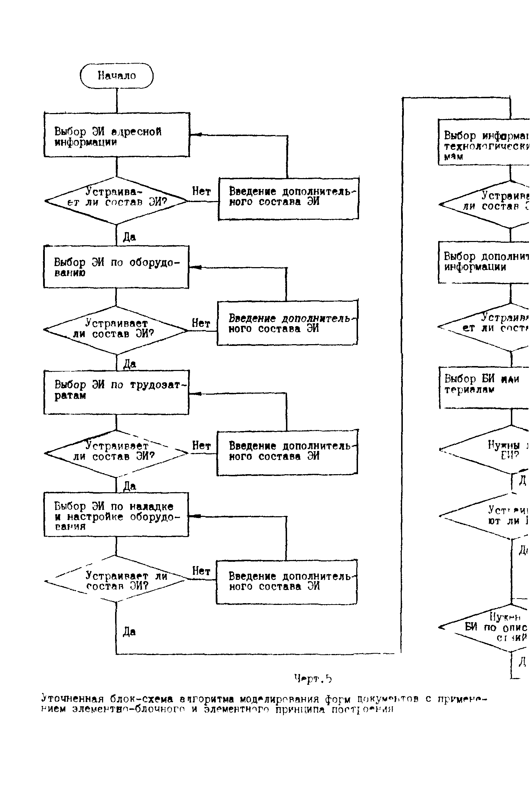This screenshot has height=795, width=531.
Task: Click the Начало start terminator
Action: (117, 76)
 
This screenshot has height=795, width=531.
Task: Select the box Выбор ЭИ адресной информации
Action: (117, 135)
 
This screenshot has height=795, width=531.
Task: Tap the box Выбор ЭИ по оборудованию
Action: (116, 267)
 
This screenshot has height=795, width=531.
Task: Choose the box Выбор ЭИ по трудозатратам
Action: (117, 392)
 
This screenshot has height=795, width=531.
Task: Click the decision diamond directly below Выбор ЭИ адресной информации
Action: (117, 201)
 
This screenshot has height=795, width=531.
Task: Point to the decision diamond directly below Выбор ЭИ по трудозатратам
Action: (117, 453)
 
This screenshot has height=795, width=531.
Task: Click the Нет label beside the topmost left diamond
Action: (201, 192)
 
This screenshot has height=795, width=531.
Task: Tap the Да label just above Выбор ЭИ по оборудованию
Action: (129, 237)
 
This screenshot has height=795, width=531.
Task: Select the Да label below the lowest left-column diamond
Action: (129, 631)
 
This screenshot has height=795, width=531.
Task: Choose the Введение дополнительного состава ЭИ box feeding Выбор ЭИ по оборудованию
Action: (287, 323)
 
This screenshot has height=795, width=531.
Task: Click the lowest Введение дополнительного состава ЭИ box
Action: (287, 582)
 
